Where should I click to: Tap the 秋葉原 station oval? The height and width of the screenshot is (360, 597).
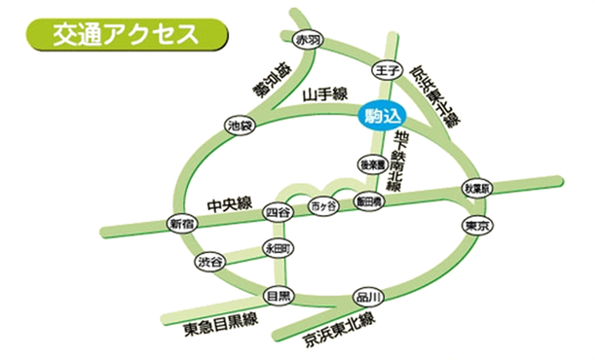[477, 188]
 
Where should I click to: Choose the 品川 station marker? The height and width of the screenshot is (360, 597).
[366, 296]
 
